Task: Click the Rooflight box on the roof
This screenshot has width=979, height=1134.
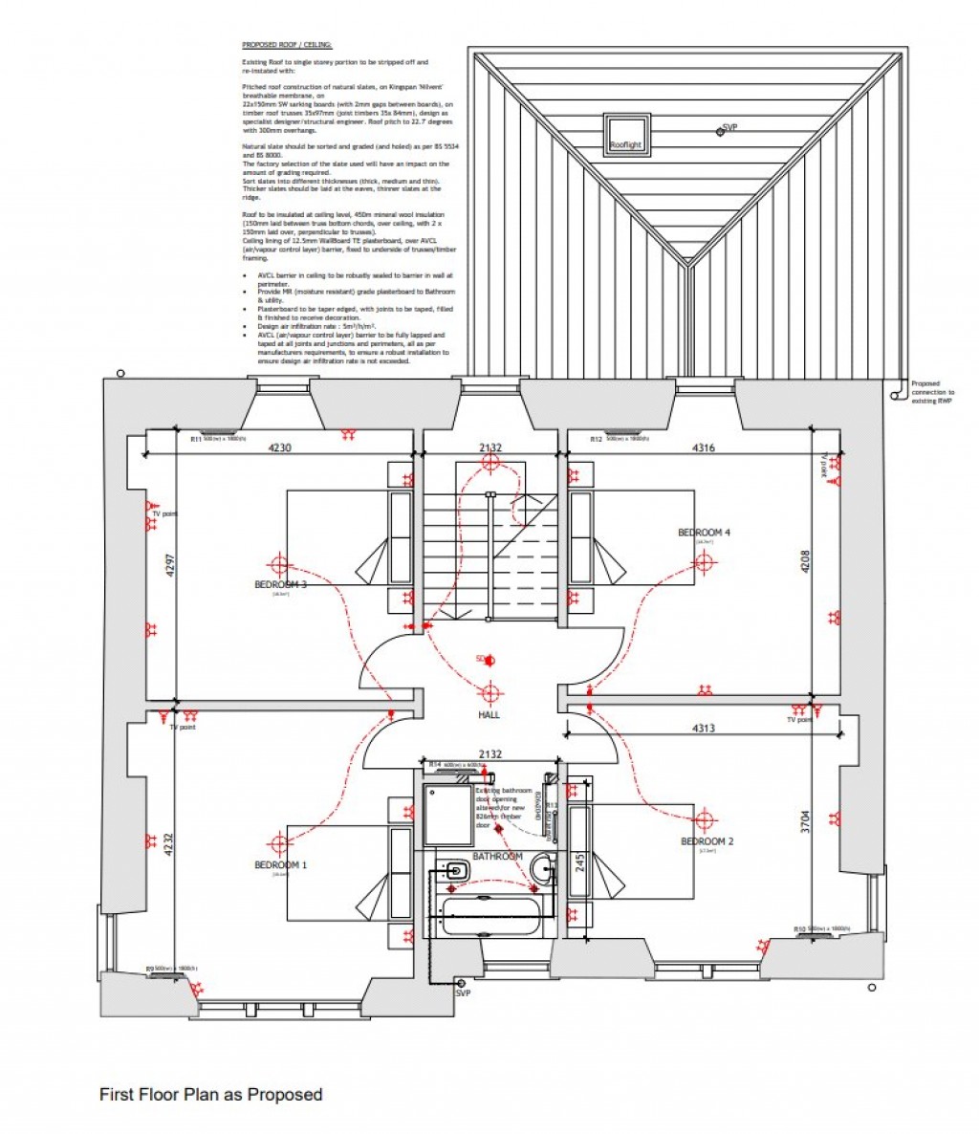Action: (626, 135)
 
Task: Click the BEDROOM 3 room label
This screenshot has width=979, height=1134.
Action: (280, 584)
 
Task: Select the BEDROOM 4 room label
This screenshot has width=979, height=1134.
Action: (705, 533)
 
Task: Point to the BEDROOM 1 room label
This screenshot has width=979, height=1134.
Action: (280, 865)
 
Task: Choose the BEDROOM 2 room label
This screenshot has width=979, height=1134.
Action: (707, 841)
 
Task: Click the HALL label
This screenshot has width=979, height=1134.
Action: (489, 714)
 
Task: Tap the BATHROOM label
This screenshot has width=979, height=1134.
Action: (497, 856)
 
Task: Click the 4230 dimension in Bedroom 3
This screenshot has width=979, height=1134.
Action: (280, 447)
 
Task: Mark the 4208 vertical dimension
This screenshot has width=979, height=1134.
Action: (805, 560)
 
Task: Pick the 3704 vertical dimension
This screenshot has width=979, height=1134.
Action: (806, 821)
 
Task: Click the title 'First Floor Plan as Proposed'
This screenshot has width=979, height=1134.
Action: (210, 1094)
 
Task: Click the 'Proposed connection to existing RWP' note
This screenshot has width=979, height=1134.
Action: (931, 392)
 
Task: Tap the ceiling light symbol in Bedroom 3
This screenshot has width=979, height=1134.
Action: (279, 563)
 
